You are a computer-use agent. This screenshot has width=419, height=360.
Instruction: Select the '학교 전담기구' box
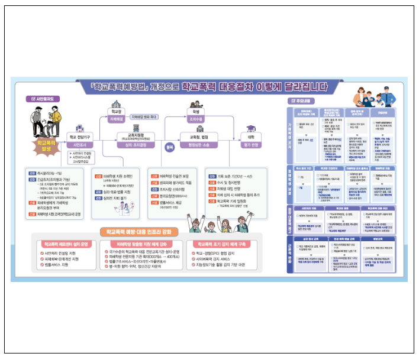coord(80,140)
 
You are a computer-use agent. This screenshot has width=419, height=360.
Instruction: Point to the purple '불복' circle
coord(169,147)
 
